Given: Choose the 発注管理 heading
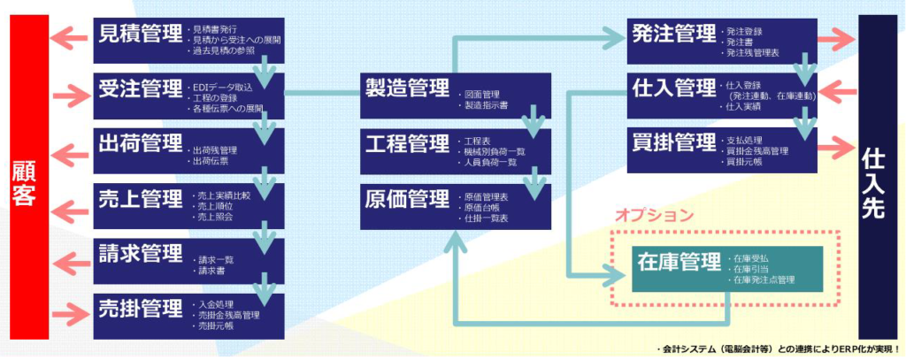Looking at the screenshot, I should [674, 34].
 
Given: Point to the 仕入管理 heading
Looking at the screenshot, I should [674, 88].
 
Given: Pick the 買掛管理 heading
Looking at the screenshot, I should [674, 143].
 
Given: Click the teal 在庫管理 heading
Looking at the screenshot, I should [679, 263].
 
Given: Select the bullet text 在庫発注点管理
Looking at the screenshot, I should [763, 280].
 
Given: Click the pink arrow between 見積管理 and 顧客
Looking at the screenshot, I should [70, 38].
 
